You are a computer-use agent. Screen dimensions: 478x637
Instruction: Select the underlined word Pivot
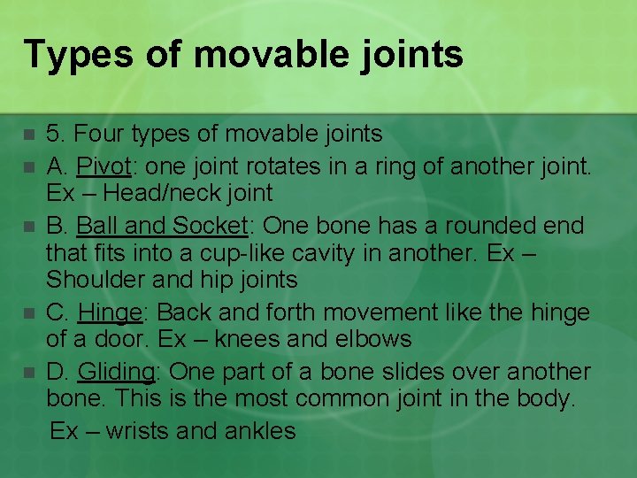(103, 165)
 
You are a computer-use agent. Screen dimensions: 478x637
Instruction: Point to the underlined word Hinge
(110, 312)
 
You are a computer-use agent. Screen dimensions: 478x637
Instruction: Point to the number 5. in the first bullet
(55, 135)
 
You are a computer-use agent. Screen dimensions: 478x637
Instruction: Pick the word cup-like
(243, 253)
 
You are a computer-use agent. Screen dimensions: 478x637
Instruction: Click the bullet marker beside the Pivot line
(28, 166)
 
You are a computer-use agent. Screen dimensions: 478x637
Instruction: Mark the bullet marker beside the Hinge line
(28, 313)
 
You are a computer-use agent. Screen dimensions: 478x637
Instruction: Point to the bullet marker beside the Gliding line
(28, 373)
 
